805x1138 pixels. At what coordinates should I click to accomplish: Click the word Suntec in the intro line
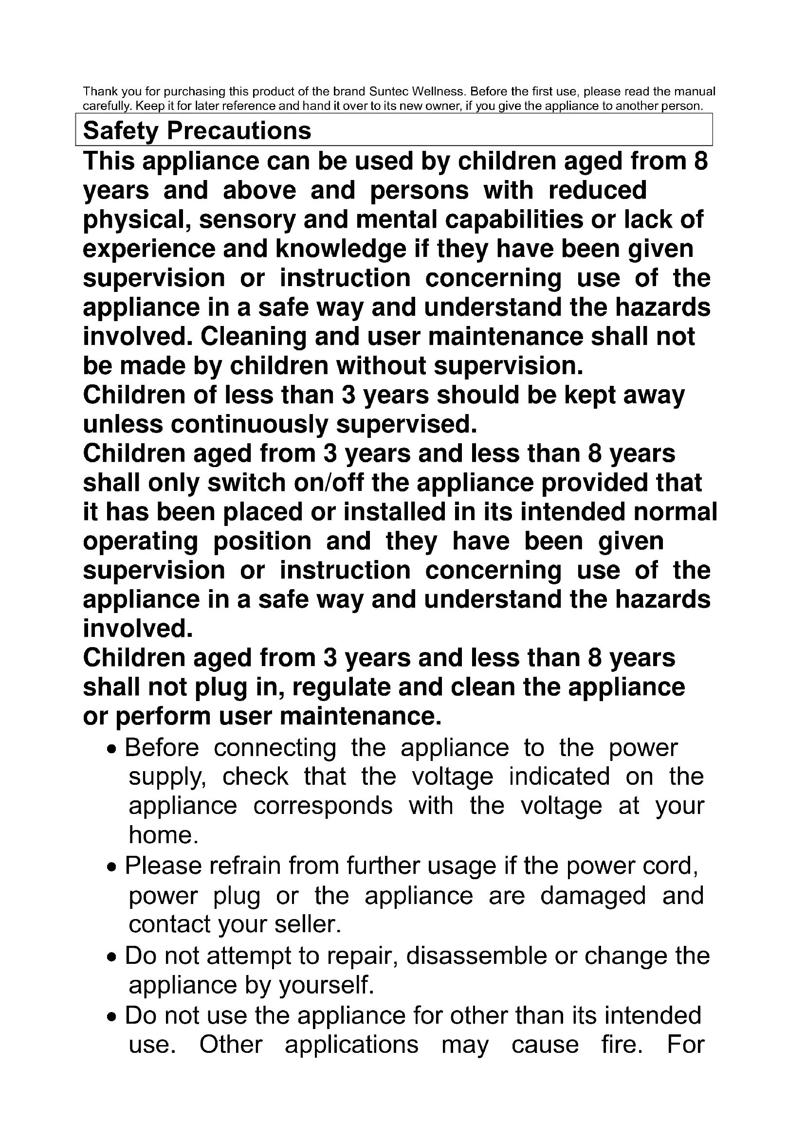(x=389, y=91)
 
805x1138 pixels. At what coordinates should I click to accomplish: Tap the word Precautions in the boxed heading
(x=239, y=131)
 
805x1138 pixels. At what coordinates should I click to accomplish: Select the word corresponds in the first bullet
(x=323, y=806)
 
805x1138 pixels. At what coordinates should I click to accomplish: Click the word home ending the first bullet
(x=163, y=835)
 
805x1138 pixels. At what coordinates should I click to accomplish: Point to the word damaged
(x=593, y=896)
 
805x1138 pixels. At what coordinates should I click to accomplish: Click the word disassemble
(x=476, y=956)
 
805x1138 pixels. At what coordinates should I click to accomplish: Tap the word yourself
(x=326, y=985)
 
